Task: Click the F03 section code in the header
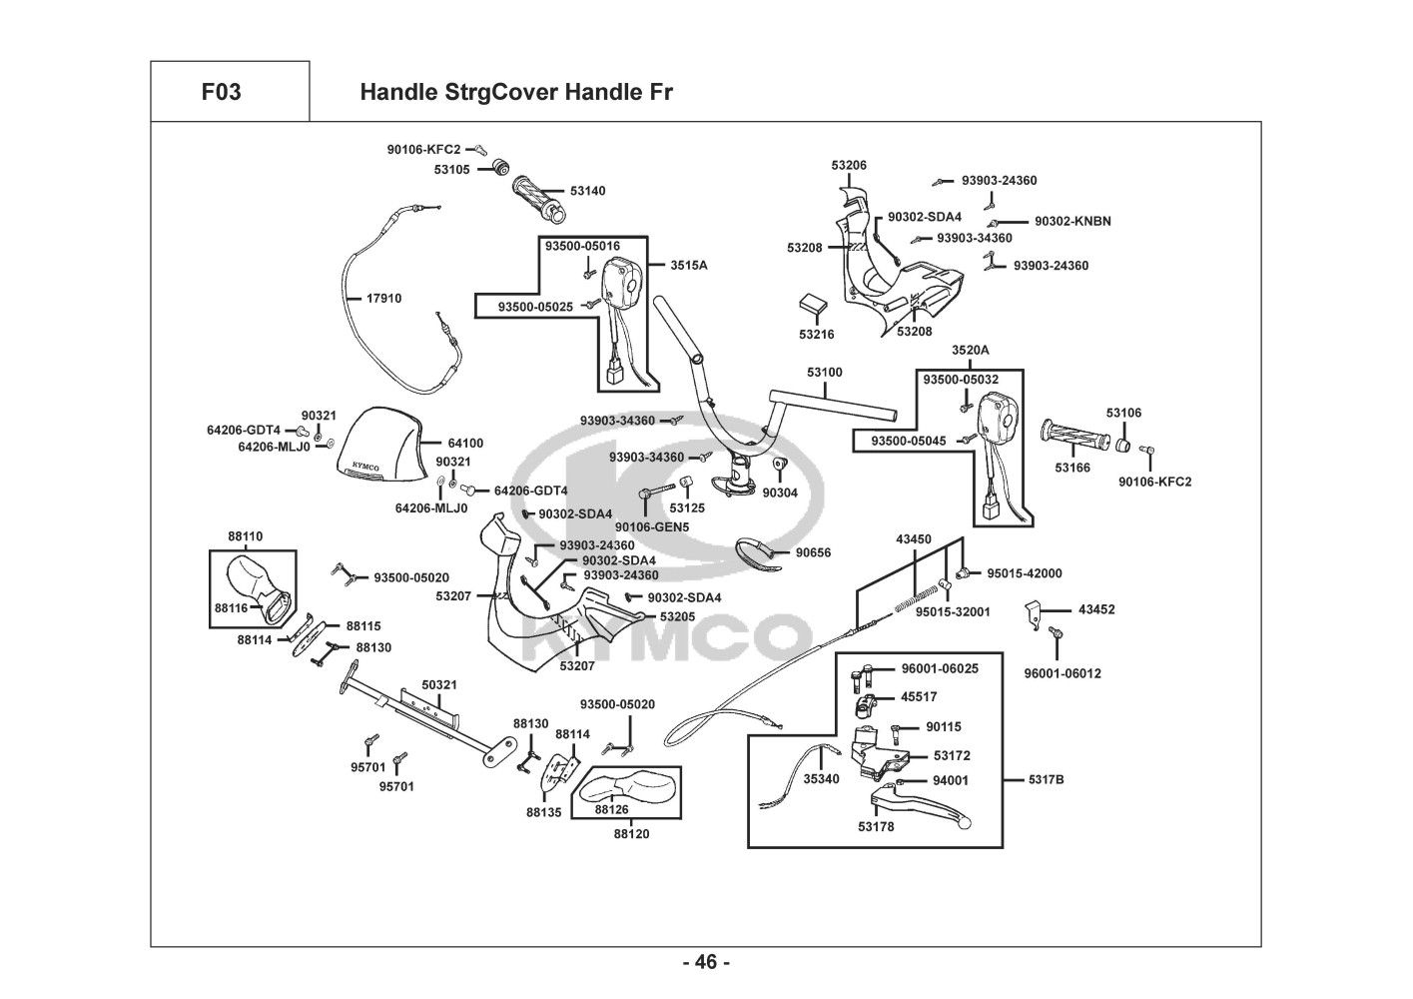[x=221, y=93]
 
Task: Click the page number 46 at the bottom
[x=706, y=963]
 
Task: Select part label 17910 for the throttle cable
[x=383, y=299]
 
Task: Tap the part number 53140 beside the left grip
[x=587, y=191]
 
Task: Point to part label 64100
[x=465, y=443]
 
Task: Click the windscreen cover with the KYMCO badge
[x=383, y=447]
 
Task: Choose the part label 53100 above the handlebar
[x=825, y=373]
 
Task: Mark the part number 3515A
[x=688, y=266]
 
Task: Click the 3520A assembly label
[x=970, y=351]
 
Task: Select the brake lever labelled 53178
[x=919, y=804]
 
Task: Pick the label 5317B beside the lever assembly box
[x=1046, y=779]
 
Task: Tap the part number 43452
[x=1096, y=609]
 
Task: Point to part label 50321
[x=439, y=684]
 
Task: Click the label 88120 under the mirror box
[x=631, y=833]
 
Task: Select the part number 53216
[x=816, y=335]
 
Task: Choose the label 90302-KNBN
[x=1072, y=222]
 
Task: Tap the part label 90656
[x=813, y=552]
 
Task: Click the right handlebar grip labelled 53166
[x=1072, y=437]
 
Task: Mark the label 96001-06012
[x=1062, y=673]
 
